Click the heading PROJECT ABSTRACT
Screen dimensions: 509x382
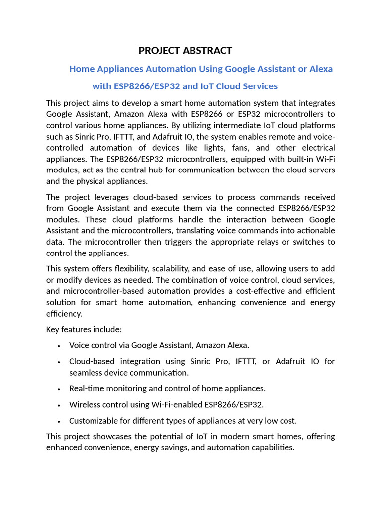pos(185,50)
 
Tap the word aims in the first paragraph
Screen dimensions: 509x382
pos(106,103)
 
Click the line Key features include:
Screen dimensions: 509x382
pos(84,329)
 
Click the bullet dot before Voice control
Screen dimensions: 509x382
pos(59,346)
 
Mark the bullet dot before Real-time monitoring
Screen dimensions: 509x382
pos(59,389)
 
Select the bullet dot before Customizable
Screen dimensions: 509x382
pos(59,422)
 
